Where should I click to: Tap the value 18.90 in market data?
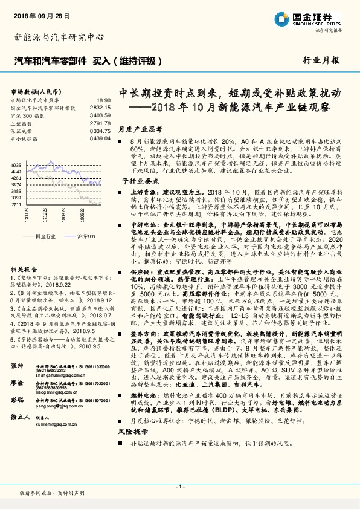(104, 99)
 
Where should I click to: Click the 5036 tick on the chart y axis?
(16, 164)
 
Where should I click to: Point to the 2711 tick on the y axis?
(16, 204)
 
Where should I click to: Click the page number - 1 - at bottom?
(179, 487)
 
